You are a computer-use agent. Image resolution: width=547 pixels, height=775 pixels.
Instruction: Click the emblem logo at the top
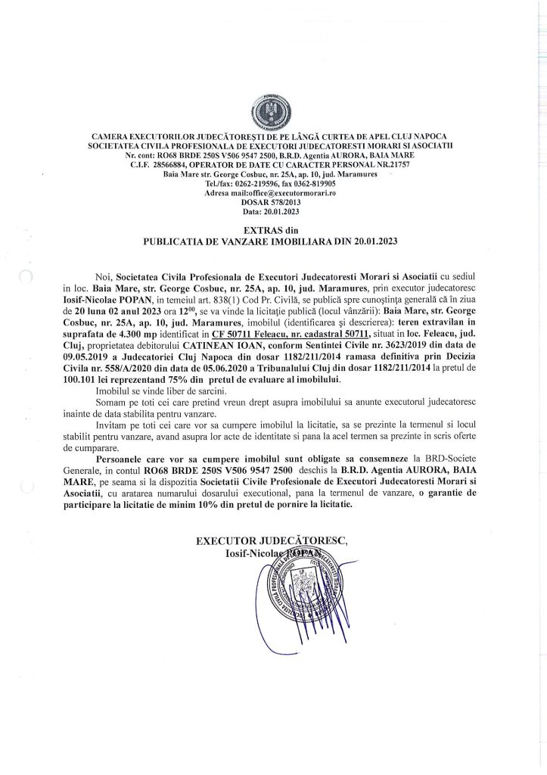click(x=273, y=111)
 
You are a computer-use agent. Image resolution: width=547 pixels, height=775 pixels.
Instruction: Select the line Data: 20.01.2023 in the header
click(x=273, y=213)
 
